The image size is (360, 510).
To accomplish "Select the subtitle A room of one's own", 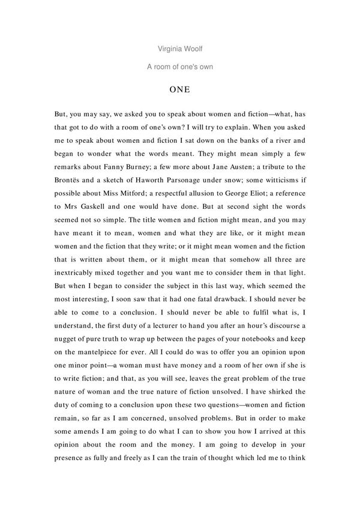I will (x=179, y=67).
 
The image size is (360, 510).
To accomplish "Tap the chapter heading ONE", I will (x=179, y=90).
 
